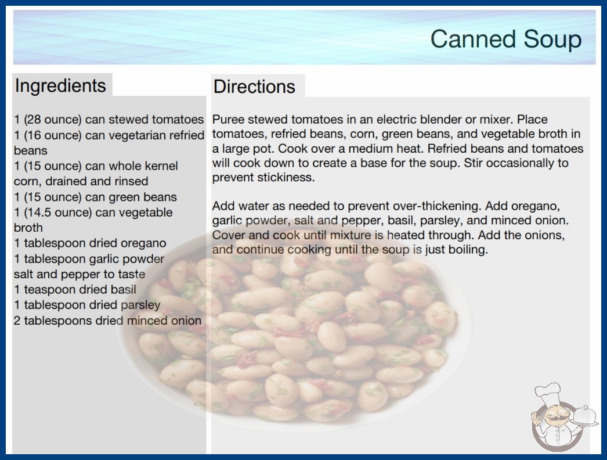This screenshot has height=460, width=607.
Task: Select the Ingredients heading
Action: pyautogui.click(x=60, y=85)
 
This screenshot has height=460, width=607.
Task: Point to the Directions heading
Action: pyautogui.click(x=254, y=87)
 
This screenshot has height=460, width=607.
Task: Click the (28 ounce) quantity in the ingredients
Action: pyautogui.click(x=53, y=120)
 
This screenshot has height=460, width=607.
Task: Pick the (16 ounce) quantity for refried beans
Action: pyautogui.click(x=53, y=135)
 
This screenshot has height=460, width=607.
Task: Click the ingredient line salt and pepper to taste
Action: pyautogui.click(x=80, y=274)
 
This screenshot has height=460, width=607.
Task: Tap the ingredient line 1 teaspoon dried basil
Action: pyautogui.click(x=75, y=289)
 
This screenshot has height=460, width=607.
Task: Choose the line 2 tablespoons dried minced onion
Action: pyautogui.click(x=107, y=321)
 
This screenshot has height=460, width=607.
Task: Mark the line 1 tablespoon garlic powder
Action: pyautogui.click(x=89, y=258)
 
